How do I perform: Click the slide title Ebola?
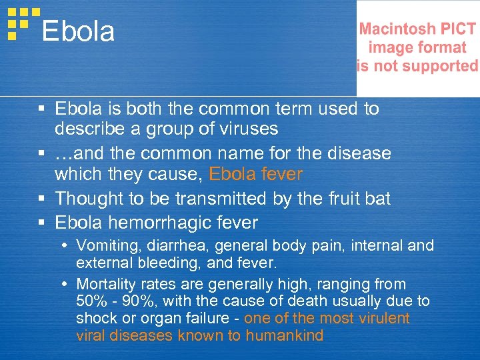pyautogui.click(x=78, y=31)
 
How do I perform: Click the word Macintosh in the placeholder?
pyautogui.click(x=396, y=29)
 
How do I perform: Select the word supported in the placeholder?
pyautogui.click(x=443, y=66)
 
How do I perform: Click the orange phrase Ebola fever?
pyautogui.click(x=255, y=175)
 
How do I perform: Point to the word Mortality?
pyautogui.click(x=104, y=284)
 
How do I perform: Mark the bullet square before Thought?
pyautogui.click(x=42, y=199)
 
